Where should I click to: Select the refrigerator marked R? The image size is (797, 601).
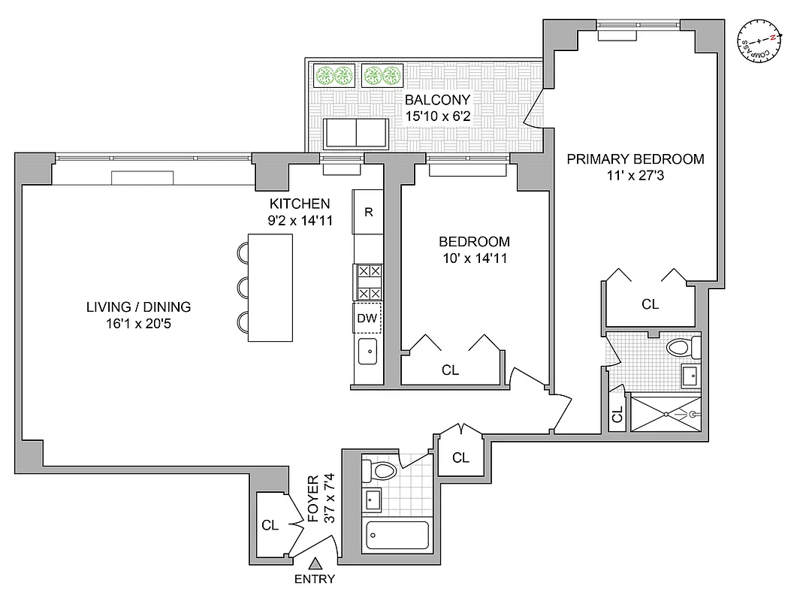point(369,212)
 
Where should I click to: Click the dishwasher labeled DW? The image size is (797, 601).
point(367,319)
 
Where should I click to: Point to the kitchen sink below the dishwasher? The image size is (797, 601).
point(368,351)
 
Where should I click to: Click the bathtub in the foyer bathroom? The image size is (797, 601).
point(397,536)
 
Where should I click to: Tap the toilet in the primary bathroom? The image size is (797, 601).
point(683,348)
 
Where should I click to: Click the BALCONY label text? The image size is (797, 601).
point(437,100)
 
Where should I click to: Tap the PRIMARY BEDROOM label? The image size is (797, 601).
point(635,159)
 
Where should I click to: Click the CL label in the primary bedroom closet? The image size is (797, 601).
point(650,304)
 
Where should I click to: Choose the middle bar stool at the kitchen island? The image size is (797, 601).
point(243,288)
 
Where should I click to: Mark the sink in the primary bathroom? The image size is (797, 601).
point(690,374)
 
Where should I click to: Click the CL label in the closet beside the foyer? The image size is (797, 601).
point(270,525)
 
